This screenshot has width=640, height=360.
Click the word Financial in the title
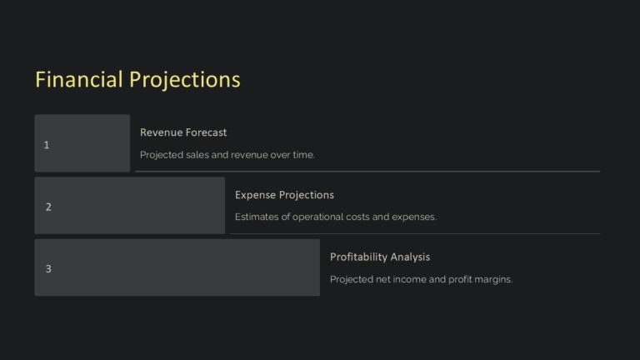pos(79,79)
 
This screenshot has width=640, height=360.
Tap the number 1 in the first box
pos(47,145)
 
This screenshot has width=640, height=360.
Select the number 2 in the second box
pos(48,207)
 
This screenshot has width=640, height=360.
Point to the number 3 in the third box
pos(48,268)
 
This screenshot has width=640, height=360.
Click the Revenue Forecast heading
pos(183,132)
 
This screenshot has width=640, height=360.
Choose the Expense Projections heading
pos(284,195)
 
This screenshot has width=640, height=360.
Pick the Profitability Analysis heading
pos(380,257)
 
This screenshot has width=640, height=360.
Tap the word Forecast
pos(206,132)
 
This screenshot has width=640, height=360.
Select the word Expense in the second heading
pos(255,195)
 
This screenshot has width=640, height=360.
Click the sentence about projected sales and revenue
pos(227,155)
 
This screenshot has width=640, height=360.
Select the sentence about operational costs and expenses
pos(335,217)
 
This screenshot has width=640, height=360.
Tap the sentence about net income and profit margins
pos(421,279)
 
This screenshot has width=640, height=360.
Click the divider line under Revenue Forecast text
pos(367,172)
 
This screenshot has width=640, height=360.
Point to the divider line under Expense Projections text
pos(415,234)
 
